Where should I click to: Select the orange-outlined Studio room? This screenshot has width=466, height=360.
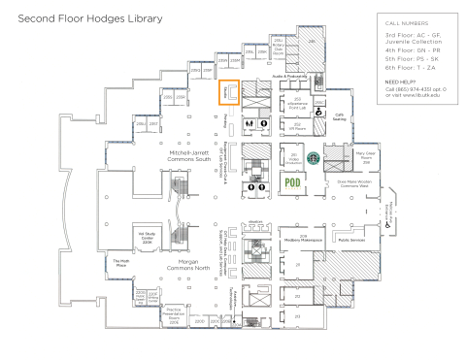click(x=229, y=92)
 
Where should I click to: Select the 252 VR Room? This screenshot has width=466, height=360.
click(x=296, y=126)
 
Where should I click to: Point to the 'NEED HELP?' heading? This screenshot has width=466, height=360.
click(x=402, y=82)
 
